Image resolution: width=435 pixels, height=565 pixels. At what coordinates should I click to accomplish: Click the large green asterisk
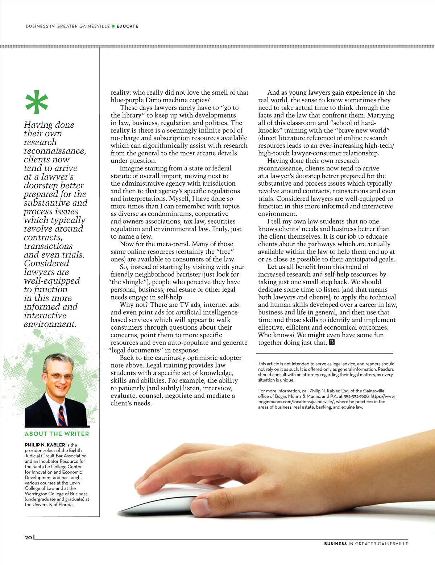pos(37,102)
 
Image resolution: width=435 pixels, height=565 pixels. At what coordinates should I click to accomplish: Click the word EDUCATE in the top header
pos(127,26)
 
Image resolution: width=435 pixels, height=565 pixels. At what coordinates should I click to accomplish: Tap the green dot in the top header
pos(113,26)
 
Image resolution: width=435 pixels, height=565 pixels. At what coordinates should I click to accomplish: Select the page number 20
pos(28,537)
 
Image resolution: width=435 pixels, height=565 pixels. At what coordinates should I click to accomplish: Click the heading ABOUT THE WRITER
pos(57,434)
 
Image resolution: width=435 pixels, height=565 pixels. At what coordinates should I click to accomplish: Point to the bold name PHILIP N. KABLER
pos(45,445)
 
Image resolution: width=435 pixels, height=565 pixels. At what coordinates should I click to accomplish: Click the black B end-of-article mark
pos(332,342)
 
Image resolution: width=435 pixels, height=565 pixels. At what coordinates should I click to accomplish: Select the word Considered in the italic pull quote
pos(46,264)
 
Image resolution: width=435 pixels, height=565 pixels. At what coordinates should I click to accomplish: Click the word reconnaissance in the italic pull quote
pos(54,151)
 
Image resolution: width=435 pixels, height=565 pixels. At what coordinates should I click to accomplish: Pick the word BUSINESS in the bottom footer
pos(335,544)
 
